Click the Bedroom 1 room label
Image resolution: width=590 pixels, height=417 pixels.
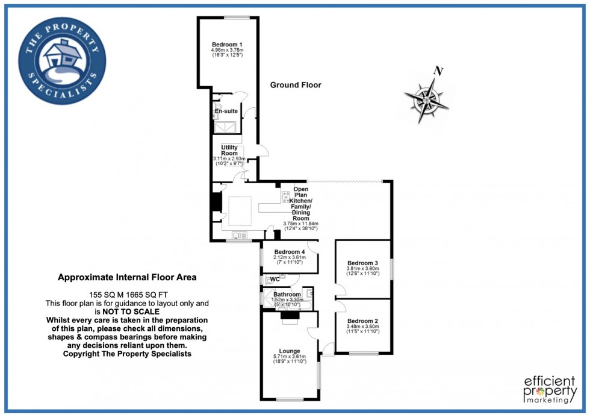click(227, 45)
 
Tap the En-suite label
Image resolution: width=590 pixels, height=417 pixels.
click(226, 111)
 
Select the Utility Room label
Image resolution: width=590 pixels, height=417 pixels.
click(229, 150)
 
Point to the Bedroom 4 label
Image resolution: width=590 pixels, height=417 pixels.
click(290, 251)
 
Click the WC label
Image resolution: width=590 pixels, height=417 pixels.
click(275, 280)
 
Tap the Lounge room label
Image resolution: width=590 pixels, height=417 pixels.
click(289, 351)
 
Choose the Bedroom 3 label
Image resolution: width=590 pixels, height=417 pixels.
click(363, 263)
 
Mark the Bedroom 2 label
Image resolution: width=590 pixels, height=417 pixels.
click(362, 321)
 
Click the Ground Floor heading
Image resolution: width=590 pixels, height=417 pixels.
click(295, 85)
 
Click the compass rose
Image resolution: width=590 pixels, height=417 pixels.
click(427, 97)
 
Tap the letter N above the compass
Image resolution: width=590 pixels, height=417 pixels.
click(439, 72)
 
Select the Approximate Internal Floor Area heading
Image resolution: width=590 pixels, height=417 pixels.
click(126, 278)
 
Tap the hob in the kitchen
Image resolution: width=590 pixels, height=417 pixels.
click(285, 196)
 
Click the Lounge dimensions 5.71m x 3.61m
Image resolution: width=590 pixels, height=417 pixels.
click(289, 357)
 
